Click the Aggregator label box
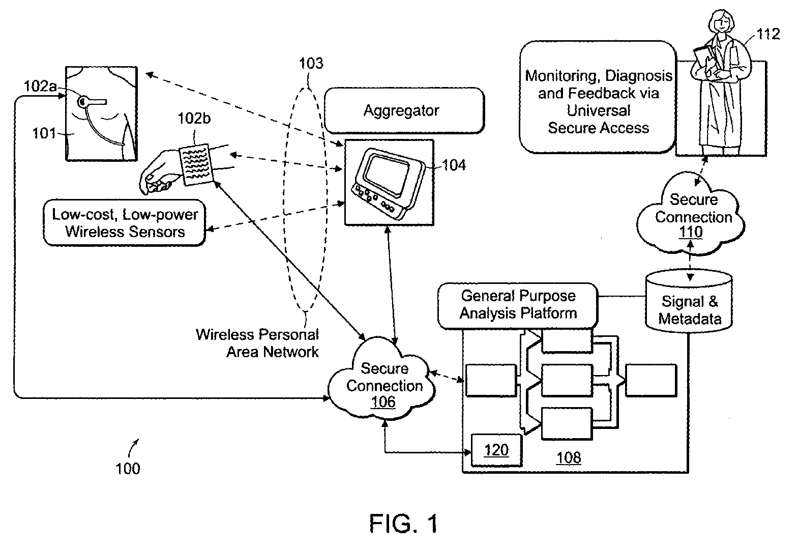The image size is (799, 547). click(x=404, y=110)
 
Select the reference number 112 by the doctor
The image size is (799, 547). click(x=767, y=34)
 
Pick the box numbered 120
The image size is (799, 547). click(x=496, y=450)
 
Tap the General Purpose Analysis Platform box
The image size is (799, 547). click(x=518, y=305)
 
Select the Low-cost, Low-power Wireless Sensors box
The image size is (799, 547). click(x=125, y=223)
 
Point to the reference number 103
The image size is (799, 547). click(x=311, y=63)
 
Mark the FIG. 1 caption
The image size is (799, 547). click(x=403, y=523)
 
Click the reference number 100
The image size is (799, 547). click(x=127, y=468)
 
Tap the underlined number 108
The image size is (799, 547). click(x=568, y=458)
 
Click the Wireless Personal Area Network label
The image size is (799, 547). click(x=258, y=343)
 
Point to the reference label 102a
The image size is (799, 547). click(x=40, y=86)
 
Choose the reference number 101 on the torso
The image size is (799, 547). click(x=44, y=133)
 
